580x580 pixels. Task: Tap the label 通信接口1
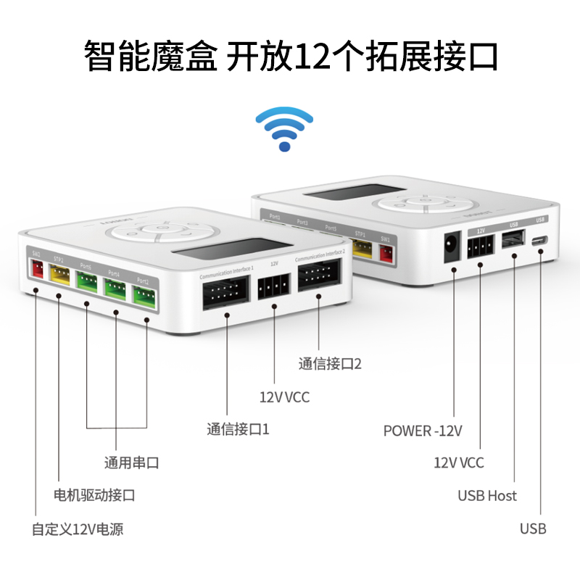tap(238, 429)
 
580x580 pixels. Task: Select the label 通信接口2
tap(330, 364)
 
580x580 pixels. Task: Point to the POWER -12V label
tap(423, 431)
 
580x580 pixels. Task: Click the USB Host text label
tap(487, 496)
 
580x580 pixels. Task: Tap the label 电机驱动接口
tap(95, 496)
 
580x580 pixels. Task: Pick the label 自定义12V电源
tap(78, 529)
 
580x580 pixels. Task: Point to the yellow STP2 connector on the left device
tap(59, 276)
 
